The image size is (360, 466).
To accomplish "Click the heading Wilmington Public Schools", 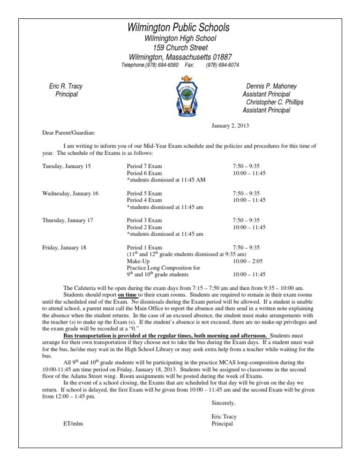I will (x=180, y=27).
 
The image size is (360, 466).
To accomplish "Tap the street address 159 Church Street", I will (x=180, y=47).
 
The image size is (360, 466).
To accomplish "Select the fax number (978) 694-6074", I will (x=223, y=65).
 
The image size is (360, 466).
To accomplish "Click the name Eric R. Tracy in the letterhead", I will (x=66, y=86).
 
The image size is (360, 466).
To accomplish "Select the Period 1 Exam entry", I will (x=144, y=248).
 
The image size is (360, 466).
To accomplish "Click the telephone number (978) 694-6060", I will (x=147, y=65).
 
